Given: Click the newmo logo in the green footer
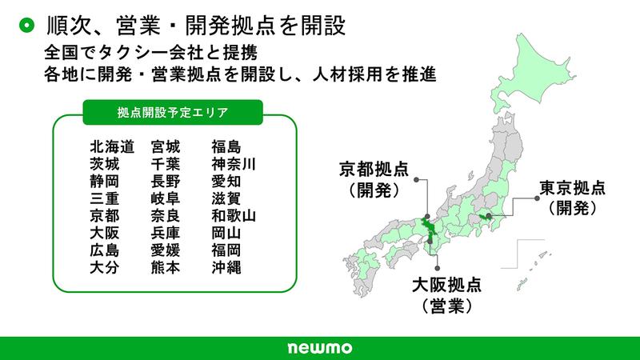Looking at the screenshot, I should (x=319, y=349).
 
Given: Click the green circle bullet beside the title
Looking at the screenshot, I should (x=26, y=26).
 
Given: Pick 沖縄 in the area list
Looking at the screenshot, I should (x=225, y=267).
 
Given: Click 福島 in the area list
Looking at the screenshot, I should (x=225, y=146).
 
